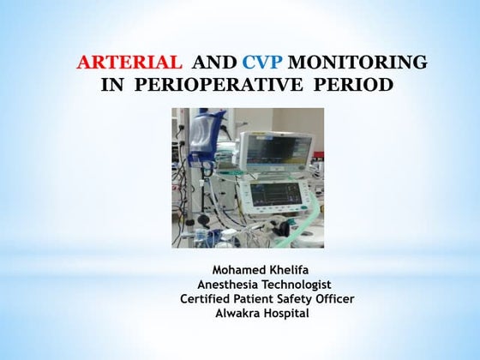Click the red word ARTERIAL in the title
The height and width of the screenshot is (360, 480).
(x=129, y=63)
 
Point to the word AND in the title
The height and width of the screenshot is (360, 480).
(x=213, y=63)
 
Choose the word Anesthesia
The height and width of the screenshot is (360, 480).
(x=232, y=284)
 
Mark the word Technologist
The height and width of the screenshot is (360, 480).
(x=300, y=284)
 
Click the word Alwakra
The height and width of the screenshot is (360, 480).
(x=243, y=313)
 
